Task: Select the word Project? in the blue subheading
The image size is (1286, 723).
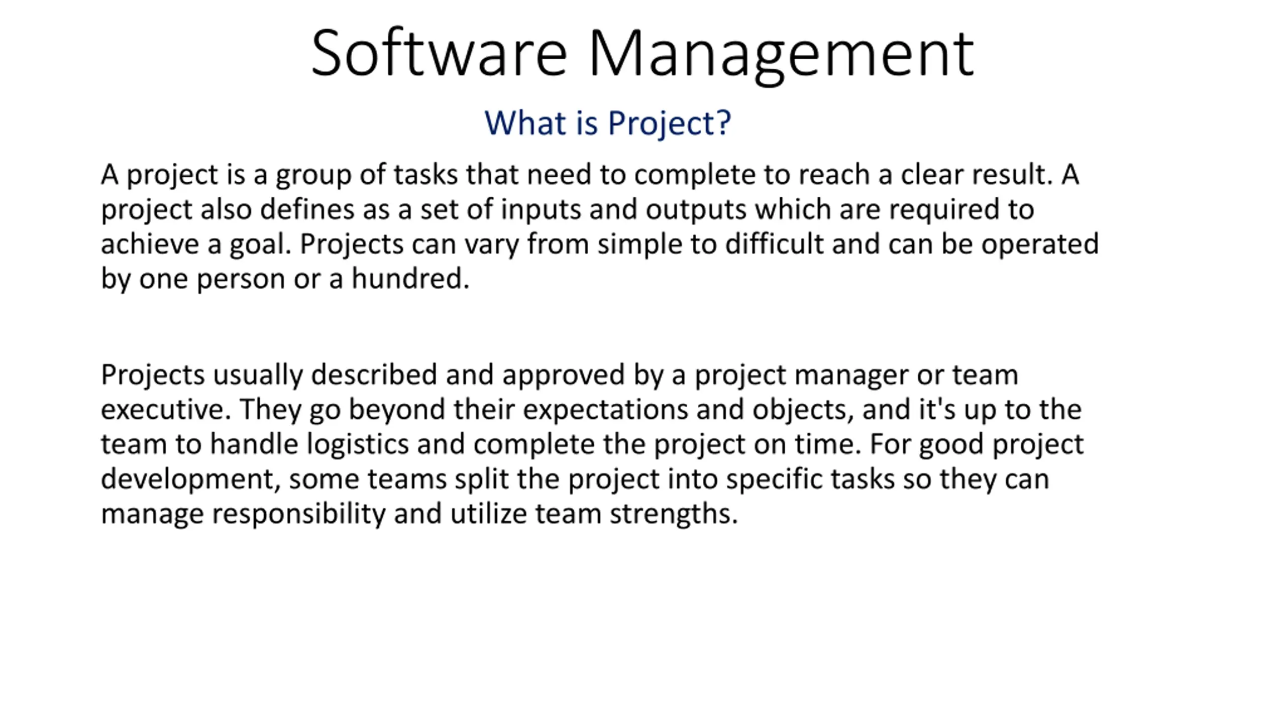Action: point(669,124)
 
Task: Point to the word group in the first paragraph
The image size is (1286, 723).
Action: point(313,176)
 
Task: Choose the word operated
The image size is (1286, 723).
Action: point(1040,245)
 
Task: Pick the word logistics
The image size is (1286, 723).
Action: point(358,445)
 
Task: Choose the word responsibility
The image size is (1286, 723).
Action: point(298,515)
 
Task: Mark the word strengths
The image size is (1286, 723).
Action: point(674,515)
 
